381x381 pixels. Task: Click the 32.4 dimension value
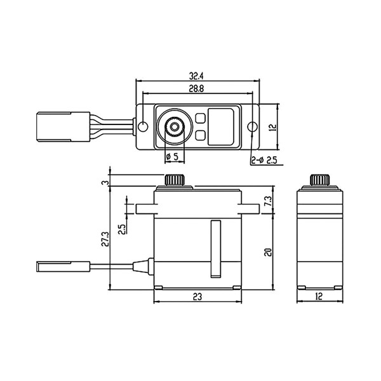pos(196,76)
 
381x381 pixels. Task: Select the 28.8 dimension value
pos(196,89)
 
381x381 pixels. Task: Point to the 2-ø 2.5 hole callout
pos(264,161)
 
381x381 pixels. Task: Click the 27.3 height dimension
pos(105,239)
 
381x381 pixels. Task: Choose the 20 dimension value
pos(268,252)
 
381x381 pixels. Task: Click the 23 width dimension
pos(197,297)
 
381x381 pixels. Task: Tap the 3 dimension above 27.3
pos(105,183)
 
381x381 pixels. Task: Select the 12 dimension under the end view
pos(319,296)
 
